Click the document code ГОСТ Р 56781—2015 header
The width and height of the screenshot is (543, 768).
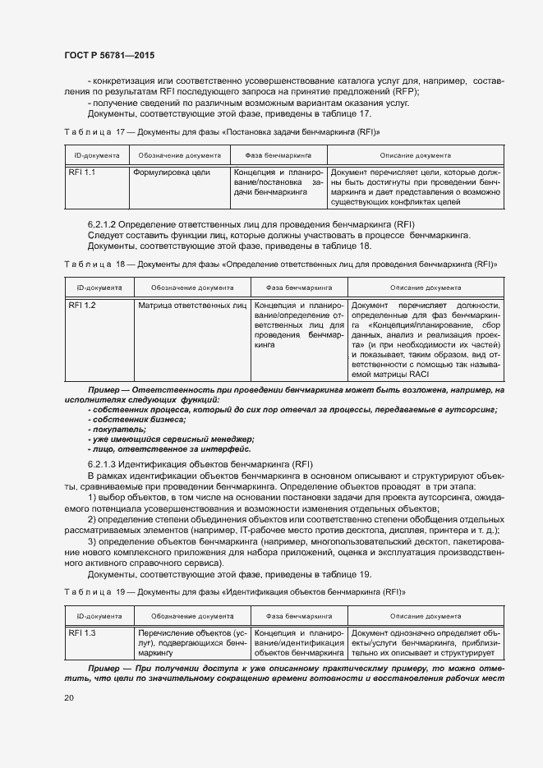click(x=109, y=55)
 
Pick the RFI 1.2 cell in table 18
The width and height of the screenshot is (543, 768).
click(x=82, y=306)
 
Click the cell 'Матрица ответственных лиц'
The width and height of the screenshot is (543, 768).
click(x=192, y=306)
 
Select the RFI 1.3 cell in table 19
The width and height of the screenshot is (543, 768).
click(x=82, y=633)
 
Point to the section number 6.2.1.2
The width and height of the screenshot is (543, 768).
click(x=103, y=224)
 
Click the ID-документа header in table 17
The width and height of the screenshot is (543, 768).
click(x=93, y=154)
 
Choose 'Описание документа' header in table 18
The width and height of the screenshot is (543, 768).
click(x=426, y=288)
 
